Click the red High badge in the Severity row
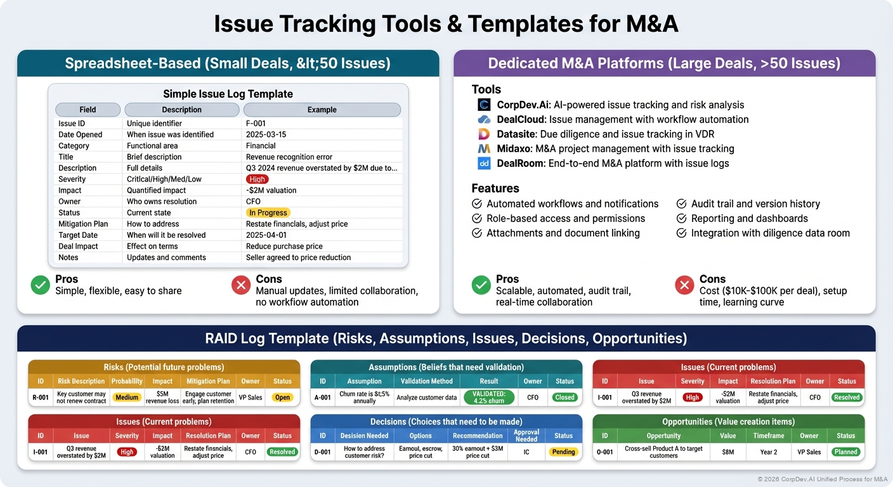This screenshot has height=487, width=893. pyautogui.click(x=257, y=179)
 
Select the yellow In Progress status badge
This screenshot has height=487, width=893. pyautogui.click(x=268, y=213)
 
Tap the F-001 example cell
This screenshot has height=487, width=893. pyautogui.click(x=256, y=124)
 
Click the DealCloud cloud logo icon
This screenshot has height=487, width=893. pyautogui.click(x=484, y=119)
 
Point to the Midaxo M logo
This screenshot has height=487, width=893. pyautogui.click(x=484, y=148)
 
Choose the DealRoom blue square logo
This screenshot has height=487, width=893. pyautogui.click(x=484, y=163)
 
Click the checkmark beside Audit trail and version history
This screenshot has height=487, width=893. pyautogui.click(x=681, y=204)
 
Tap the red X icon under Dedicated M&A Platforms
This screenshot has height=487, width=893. pyautogui.click(x=684, y=285)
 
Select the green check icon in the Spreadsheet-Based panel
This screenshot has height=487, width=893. pyautogui.click(x=40, y=285)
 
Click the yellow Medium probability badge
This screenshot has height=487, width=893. pyautogui.click(x=127, y=398)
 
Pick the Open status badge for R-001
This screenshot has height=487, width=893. pyautogui.click(x=282, y=398)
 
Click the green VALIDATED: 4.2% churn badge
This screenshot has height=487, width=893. pyautogui.click(x=488, y=398)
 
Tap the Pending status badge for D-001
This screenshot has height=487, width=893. pyautogui.click(x=563, y=452)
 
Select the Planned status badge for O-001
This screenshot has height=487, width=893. pyautogui.click(x=846, y=452)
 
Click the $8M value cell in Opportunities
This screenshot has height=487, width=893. pyautogui.click(x=727, y=452)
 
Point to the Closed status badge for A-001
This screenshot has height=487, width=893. pyautogui.click(x=564, y=398)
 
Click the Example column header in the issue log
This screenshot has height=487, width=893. pyautogui.click(x=322, y=110)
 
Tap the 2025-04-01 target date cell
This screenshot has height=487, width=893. pyautogui.click(x=266, y=235)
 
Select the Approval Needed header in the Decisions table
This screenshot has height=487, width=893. pyautogui.click(x=526, y=436)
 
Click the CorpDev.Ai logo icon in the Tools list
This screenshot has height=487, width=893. pyautogui.click(x=484, y=105)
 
